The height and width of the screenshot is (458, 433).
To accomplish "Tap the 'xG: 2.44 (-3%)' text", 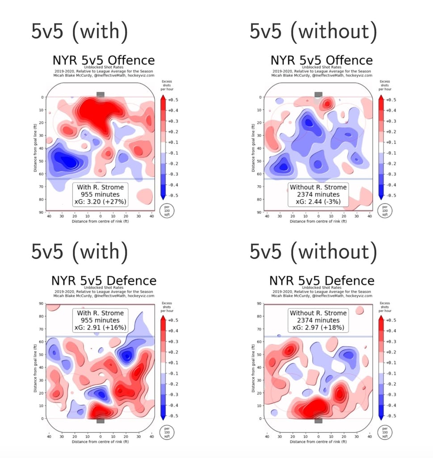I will click(318, 202).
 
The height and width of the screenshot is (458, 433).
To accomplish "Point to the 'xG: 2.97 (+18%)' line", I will click(318, 328).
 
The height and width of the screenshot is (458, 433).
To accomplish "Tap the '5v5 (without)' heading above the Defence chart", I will click(313, 253).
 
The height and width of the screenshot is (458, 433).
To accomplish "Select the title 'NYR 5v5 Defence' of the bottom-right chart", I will click(322, 281).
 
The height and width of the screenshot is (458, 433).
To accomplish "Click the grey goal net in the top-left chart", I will click(101, 94).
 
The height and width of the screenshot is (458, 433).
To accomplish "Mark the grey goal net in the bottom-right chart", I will click(318, 421).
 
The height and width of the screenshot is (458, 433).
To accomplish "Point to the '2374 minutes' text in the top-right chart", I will click(318, 195).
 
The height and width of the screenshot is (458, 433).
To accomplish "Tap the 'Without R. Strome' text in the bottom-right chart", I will click(318, 313).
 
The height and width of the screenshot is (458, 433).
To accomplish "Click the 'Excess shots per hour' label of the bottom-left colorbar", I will click(167, 307).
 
